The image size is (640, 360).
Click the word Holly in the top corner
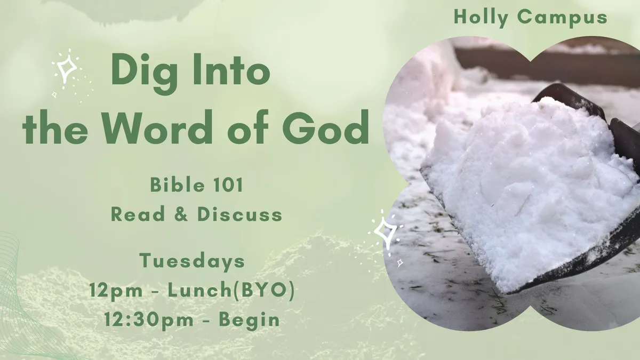(x=481, y=17)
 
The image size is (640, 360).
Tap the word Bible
(x=178, y=185)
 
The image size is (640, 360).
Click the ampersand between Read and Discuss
(x=181, y=214)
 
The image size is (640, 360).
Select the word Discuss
(x=239, y=214)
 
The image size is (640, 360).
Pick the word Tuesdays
(x=192, y=261)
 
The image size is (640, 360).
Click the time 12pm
(x=116, y=291)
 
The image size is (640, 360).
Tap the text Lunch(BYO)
(x=231, y=291)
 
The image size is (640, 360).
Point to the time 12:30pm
(x=149, y=321)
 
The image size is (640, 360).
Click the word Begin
(x=249, y=321)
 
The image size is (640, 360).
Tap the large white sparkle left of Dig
(x=67, y=68)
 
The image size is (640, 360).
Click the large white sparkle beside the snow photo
(x=386, y=231)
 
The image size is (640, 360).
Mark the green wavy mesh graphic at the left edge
(x=17, y=297)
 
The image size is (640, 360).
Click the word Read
(x=138, y=214)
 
